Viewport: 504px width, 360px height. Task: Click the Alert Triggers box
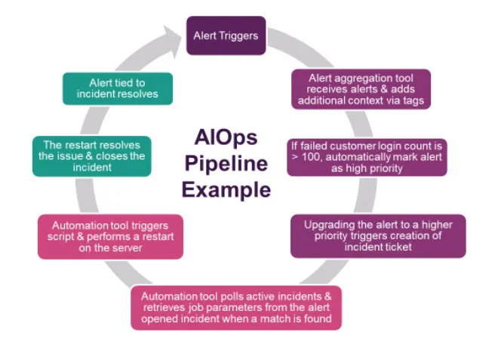tap(226, 35)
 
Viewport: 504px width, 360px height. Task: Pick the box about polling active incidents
tap(236, 307)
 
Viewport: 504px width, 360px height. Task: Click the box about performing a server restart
tap(110, 235)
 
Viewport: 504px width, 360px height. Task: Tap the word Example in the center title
tap(225, 189)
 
